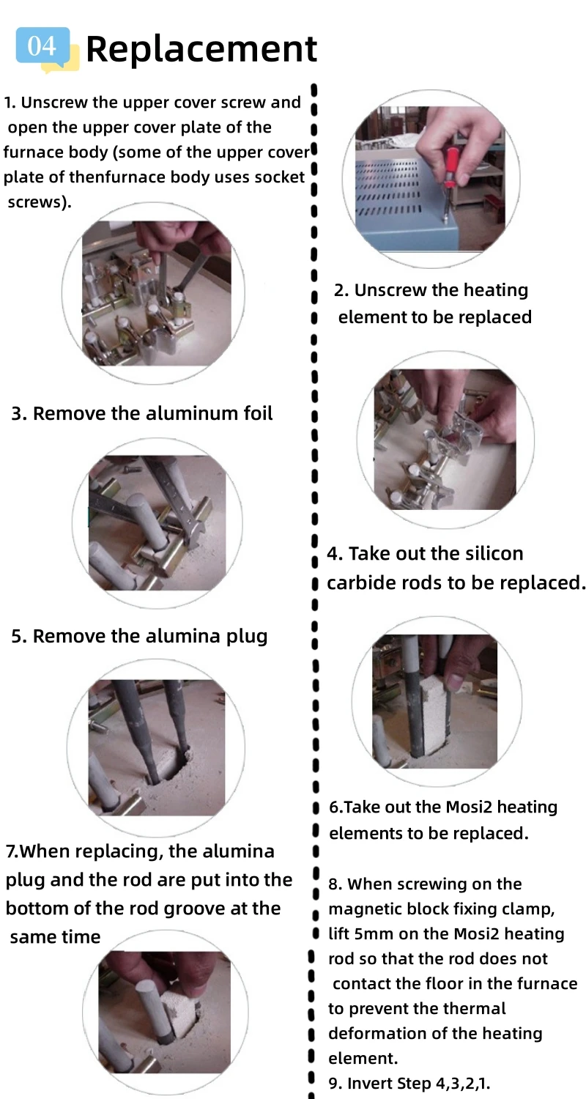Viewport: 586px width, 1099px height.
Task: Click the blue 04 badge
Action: pos(42,46)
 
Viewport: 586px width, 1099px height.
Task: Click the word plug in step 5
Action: pos(247,637)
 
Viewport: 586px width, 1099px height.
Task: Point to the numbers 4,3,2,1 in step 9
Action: pos(463,1084)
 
